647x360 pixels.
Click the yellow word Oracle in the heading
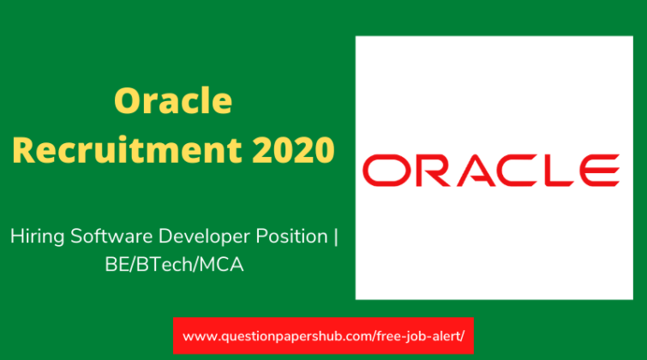pos(172,102)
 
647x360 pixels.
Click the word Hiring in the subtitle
pos(34,236)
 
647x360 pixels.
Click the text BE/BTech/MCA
pos(170,265)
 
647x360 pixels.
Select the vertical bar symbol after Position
pos(335,236)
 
